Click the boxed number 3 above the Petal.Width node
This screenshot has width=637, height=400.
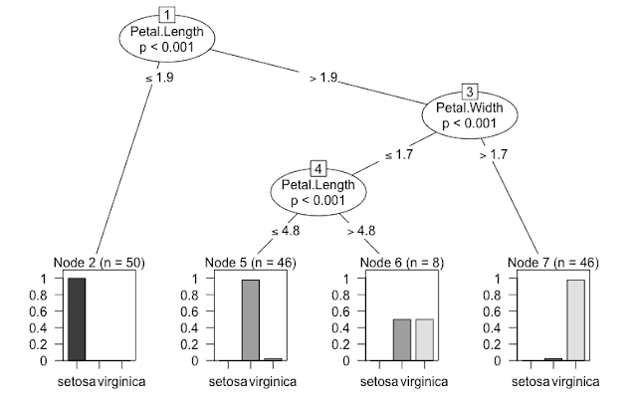(x=470, y=92)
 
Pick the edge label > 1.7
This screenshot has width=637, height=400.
(x=495, y=155)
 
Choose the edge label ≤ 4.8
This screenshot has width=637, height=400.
(x=287, y=231)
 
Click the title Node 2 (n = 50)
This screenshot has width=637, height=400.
(x=98, y=262)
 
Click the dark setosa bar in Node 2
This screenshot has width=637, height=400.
(x=76, y=318)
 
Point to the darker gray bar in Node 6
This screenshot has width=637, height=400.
(x=401, y=339)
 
